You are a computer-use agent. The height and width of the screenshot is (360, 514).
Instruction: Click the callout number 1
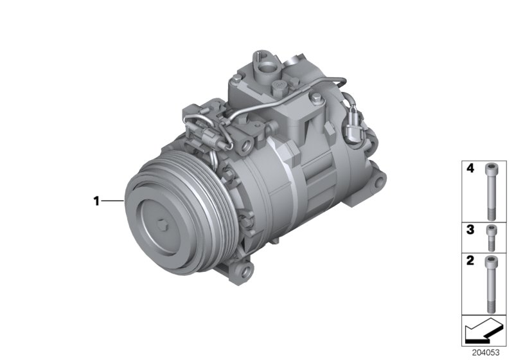click(x=96, y=201)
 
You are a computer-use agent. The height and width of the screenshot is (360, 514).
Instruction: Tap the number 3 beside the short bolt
click(x=470, y=229)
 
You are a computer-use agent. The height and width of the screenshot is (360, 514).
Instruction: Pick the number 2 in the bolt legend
click(x=470, y=262)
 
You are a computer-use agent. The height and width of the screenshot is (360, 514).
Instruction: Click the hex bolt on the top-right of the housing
click(x=317, y=97)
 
